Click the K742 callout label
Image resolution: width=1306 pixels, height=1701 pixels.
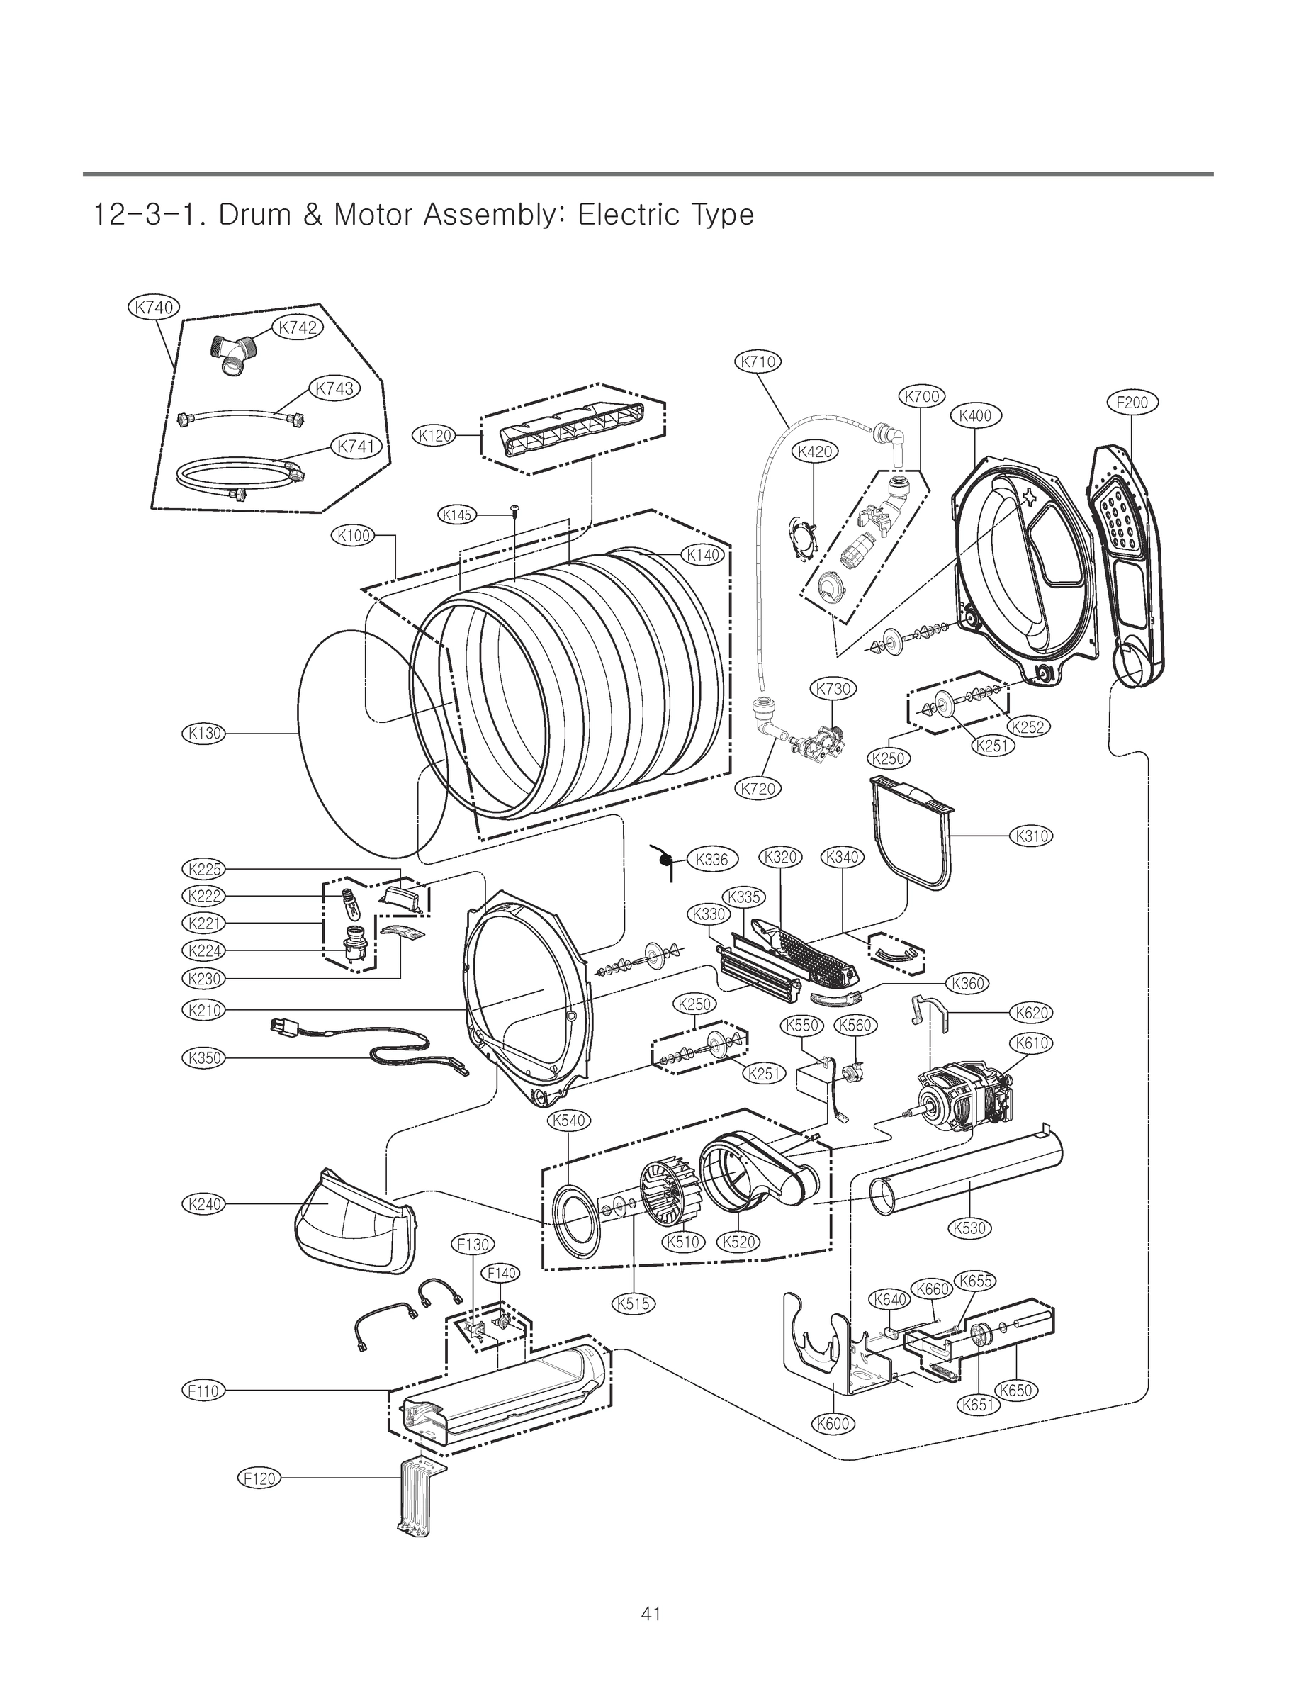pyautogui.click(x=298, y=327)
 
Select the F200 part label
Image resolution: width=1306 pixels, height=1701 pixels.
pyautogui.click(x=1132, y=403)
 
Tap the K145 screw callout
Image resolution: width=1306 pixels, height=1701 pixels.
pyautogui.click(x=457, y=515)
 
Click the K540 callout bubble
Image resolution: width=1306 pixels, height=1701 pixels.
pyautogui.click(x=569, y=1121)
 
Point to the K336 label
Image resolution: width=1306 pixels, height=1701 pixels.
pyautogui.click(x=711, y=859)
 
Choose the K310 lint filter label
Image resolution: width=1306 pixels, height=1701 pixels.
pyautogui.click(x=1031, y=836)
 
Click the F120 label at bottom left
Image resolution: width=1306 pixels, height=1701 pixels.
pyautogui.click(x=259, y=1478)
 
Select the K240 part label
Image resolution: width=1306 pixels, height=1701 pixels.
pyautogui.click(x=203, y=1204)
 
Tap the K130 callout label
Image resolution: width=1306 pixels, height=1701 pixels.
pyautogui.click(x=203, y=732)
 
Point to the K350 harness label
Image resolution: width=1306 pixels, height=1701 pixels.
pyautogui.click(x=203, y=1057)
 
